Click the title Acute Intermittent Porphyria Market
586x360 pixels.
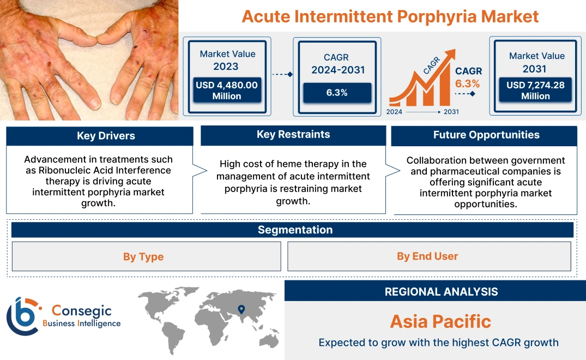point(390,16)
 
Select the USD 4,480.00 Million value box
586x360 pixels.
point(226,91)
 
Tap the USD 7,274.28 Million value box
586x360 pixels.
point(535,91)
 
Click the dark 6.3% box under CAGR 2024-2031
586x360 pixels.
point(337,93)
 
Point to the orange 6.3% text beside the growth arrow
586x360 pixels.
point(467,83)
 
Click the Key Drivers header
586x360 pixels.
point(106,136)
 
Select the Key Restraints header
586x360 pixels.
point(293,135)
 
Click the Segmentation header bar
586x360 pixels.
point(295,230)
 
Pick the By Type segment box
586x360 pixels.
point(143,256)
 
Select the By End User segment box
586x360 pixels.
point(427,256)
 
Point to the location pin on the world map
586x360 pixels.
point(240,310)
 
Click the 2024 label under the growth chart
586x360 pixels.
point(395,112)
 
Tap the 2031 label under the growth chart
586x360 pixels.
point(451,112)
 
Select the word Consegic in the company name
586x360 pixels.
point(81,311)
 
